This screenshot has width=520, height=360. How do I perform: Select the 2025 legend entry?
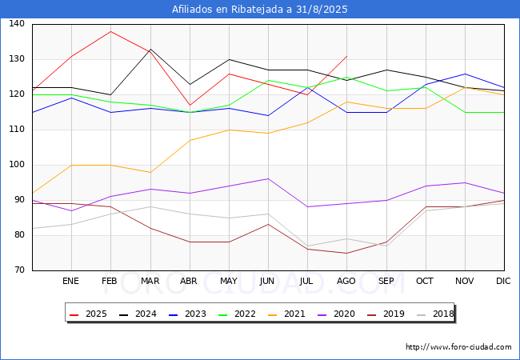(x=88, y=314)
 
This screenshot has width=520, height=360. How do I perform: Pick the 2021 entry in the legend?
(x=286, y=314)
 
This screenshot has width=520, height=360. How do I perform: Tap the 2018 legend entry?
(x=435, y=314)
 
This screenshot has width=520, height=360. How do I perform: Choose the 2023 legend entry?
(x=187, y=314)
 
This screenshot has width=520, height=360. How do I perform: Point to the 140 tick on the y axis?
(x=17, y=23)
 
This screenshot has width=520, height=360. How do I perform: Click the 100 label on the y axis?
(x=17, y=165)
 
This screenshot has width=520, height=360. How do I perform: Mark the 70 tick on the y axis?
(x=19, y=270)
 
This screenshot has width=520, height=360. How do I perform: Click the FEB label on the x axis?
(x=110, y=281)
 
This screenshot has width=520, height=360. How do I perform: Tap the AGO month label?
(x=346, y=281)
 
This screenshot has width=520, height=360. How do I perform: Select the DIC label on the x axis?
(x=503, y=281)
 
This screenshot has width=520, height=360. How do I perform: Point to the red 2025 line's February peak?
(x=110, y=31)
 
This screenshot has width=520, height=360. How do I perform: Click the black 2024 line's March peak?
(x=150, y=49)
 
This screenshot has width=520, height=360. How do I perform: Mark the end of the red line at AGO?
(x=347, y=56)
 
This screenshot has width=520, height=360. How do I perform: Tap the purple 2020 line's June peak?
(x=268, y=178)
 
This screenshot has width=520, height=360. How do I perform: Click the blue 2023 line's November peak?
(x=465, y=74)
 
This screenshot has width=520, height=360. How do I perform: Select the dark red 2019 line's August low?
(x=347, y=254)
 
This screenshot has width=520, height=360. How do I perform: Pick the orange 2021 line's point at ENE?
(x=72, y=165)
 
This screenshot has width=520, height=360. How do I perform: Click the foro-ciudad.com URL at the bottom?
(x=458, y=347)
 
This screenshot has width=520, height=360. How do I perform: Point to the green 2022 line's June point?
(x=268, y=80)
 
